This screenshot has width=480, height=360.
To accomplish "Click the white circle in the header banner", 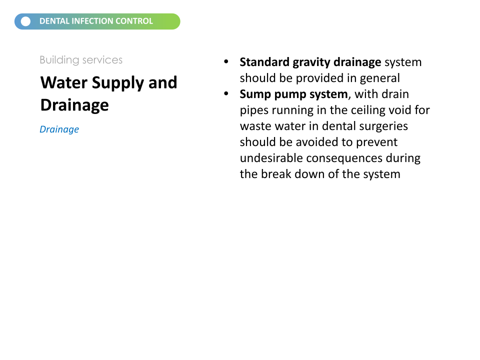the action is (25, 21).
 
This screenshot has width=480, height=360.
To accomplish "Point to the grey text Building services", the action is (81, 60).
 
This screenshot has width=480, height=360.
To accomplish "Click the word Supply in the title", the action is (118, 83).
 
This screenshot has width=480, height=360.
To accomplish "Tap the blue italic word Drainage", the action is (59, 129).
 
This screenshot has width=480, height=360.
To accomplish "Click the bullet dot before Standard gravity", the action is (226, 61).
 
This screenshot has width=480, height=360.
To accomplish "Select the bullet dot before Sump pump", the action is (226, 93).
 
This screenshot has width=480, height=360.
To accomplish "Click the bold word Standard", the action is (264, 62).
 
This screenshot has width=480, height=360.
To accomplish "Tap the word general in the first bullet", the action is (379, 78).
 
